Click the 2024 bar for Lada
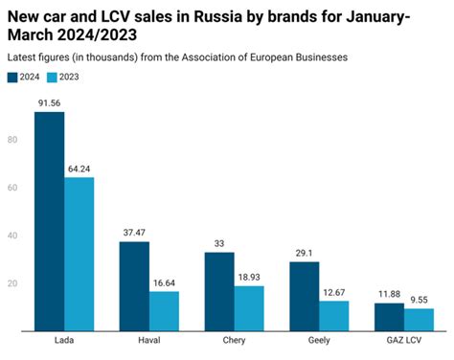click(x=49, y=221)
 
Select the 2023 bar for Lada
click(x=79, y=254)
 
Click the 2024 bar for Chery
click(x=218, y=291)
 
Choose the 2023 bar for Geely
click(x=334, y=316)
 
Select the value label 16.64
click(x=164, y=282)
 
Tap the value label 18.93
click(x=249, y=277)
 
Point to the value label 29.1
click(x=305, y=253)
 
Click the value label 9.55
click(x=420, y=300)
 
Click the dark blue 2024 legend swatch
click(x=13, y=77)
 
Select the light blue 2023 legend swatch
click(x=56, y=77)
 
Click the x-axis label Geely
click(x=319, y=342)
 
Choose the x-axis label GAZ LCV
click(x=404, y=342)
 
